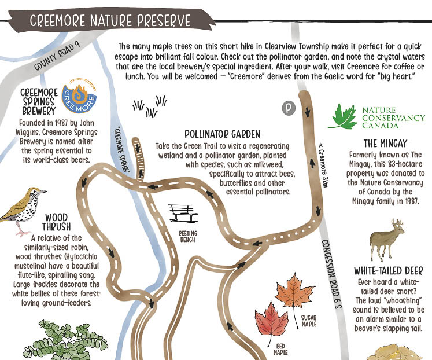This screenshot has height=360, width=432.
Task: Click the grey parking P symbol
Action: click(x=288, y=108)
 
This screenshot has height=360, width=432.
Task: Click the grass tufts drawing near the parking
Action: click(x=149, y=105)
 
